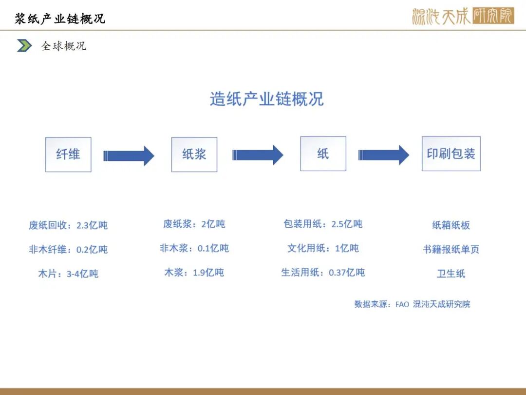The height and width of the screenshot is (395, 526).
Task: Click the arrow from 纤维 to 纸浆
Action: pos(129,156)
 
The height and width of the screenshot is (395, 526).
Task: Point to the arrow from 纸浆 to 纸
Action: pos(258,155)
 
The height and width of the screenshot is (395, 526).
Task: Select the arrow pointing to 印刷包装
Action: pos(384,155)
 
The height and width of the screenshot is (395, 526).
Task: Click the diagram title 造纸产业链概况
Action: pos(267,99)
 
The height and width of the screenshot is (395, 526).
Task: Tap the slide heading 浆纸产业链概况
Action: pos(60,19)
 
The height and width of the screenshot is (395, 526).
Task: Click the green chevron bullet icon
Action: pos(24,46)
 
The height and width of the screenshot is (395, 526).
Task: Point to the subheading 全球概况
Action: pos(64,46)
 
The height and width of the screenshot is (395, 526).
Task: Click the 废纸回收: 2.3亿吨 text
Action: pos(68,225)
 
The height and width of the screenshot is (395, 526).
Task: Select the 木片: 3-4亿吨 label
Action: pos(68,274)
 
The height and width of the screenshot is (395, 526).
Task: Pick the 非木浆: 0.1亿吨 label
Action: pos(194,248)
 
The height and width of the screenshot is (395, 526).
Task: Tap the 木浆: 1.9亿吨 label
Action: pos(194,273)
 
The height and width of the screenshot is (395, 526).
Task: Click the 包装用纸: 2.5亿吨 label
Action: pos(323,224)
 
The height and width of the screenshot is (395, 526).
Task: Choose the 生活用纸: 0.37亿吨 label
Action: pos(323,273)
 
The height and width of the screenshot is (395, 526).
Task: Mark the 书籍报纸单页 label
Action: pos(451,249)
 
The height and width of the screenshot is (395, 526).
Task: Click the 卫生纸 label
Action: pos(451,274)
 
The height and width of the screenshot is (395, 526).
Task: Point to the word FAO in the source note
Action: pos(402,304)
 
